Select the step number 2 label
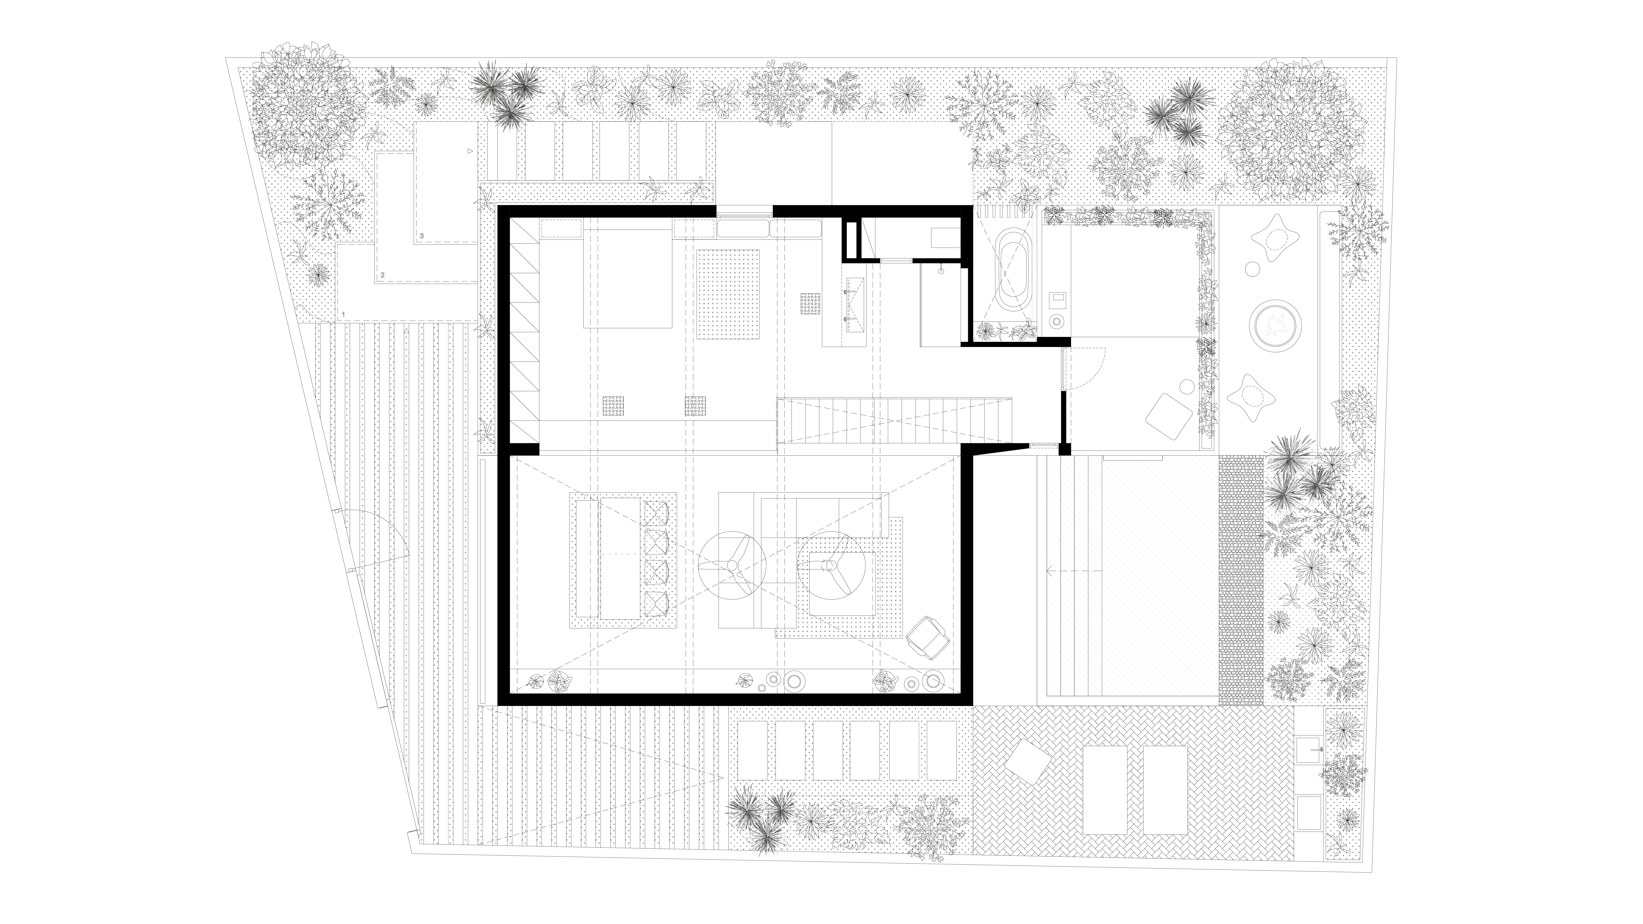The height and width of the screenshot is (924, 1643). click(x=382, y=275)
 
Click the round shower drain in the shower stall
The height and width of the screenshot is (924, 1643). click(x=941, y=271)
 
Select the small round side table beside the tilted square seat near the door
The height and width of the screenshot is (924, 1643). click(x=1187, y=386)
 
